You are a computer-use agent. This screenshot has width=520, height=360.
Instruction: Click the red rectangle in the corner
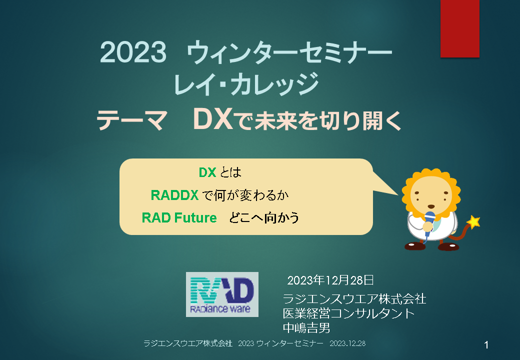coord(459,28)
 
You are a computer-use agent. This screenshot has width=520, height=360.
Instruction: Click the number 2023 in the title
coord(133,52)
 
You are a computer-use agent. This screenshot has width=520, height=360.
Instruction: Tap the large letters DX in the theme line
coord(212,119)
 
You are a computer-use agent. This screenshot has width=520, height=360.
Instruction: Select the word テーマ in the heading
coord(131,120)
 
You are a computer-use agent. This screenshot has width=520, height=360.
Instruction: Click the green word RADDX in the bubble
coord(174,195)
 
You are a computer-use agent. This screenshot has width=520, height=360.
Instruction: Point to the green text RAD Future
coord(179,218)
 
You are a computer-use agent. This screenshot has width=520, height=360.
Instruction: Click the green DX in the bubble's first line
coord(207,172)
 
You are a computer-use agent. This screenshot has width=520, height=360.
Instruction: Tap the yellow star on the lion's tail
coord(473,222)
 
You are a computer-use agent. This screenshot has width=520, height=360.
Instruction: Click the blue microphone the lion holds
coord(429,223)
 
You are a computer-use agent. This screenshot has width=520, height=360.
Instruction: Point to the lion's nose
coord(431,206)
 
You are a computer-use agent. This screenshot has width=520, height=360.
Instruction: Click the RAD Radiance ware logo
coord(222,294)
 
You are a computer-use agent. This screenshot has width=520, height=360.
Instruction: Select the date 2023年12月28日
coord(330,280)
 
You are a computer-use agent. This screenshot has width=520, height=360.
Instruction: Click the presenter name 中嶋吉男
coord(306,328)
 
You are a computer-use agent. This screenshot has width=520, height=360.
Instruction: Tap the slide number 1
coord(486,345)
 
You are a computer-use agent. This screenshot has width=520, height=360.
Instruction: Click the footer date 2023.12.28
coord(347,343)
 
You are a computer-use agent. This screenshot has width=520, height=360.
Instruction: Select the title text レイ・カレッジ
coord(245,84)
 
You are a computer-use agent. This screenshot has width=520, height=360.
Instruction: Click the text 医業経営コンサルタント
coord(348,313)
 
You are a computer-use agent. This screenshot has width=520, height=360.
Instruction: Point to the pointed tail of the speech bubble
coord(398,195)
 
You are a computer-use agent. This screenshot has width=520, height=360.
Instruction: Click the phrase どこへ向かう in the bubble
coord(264,218)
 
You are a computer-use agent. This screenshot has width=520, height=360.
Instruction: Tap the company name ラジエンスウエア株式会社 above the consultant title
coord(354,299)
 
